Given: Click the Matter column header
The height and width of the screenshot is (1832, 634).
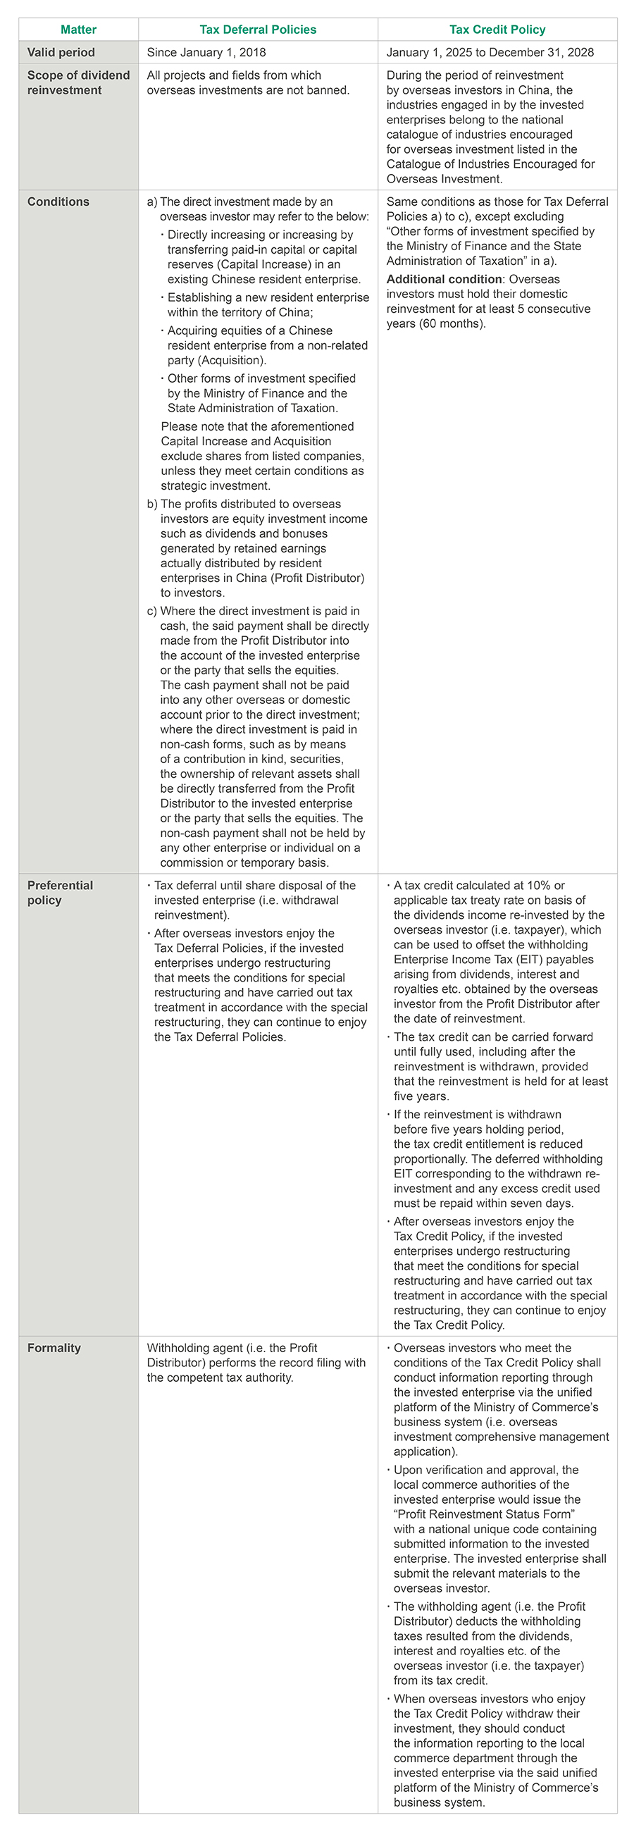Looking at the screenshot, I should (x=78, y=30).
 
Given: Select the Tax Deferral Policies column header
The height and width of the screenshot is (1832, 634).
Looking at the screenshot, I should (x=258, y=30).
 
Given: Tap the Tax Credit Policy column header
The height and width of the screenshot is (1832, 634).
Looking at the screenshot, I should (x=497, y=30).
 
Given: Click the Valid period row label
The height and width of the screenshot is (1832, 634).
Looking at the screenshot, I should (x=61, y=53).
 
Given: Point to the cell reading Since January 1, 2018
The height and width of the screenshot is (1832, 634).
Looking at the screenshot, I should (x=206, y=53).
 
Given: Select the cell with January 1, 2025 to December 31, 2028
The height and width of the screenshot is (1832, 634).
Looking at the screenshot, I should (x=490, y=53).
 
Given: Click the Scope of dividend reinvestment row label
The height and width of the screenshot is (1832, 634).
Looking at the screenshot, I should (x=78, y=82).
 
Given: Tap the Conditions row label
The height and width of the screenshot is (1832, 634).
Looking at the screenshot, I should (x=58, y=202).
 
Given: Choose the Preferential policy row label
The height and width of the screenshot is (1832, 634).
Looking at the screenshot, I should (x=60, y=893).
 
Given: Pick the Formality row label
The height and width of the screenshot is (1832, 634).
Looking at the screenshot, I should (x=54, y=1348).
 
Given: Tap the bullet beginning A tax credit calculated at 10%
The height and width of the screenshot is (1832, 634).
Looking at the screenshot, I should (x=497, y=951).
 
